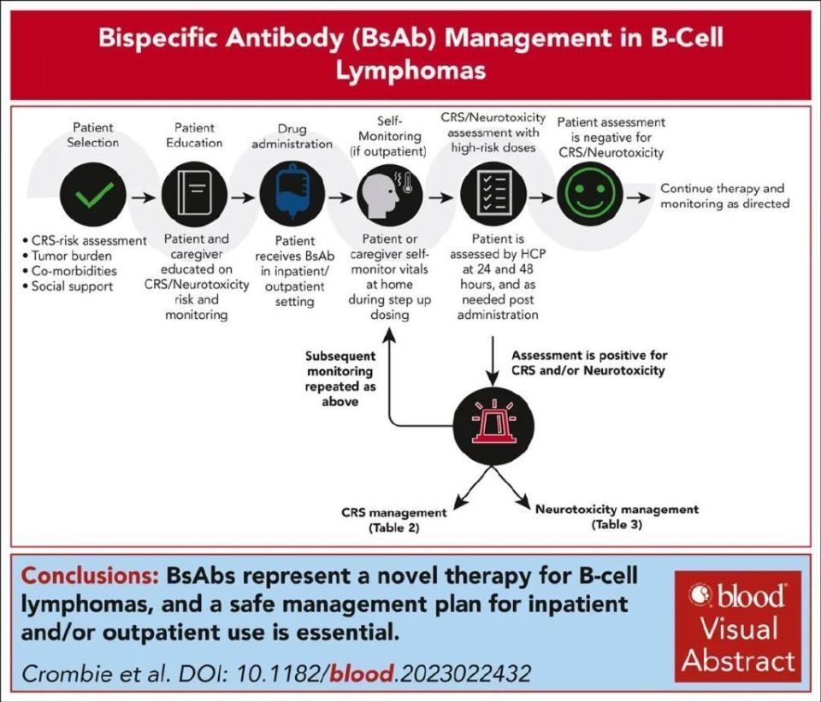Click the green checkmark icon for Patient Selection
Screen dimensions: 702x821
tap(93, 195)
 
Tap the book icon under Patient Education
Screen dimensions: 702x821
tap(196, 195)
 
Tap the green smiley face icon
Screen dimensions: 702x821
tap(590, 195)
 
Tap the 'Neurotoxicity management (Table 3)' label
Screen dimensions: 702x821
tap(617, 516)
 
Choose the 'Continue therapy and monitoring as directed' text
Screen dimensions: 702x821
tap(724, 196)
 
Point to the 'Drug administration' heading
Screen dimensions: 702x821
tap(293, 136)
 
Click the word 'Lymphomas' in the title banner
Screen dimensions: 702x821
tap(410, 70)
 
